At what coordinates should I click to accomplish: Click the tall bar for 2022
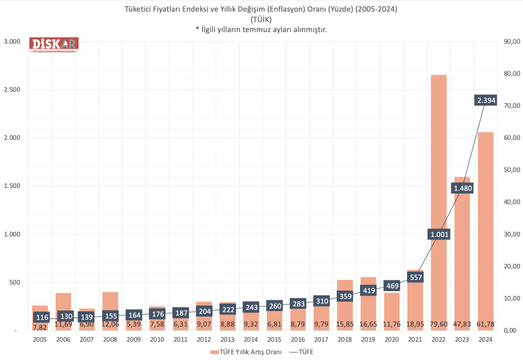coord(439,153)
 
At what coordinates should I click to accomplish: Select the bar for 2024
coord(485,204)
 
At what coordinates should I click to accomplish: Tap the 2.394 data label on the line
coord(486,100)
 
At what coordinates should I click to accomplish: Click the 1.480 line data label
coord(463,188)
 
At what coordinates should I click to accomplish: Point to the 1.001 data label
coord(439,234)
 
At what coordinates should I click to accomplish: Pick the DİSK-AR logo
coord(53,44)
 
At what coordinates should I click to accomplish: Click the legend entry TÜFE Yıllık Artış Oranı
coord(245,351)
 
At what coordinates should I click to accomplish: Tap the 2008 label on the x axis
coord(110,339)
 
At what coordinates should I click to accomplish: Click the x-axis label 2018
coord(345,339)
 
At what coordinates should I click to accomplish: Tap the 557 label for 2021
coord(416,277)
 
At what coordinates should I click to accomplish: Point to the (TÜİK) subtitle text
coord(261,19)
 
